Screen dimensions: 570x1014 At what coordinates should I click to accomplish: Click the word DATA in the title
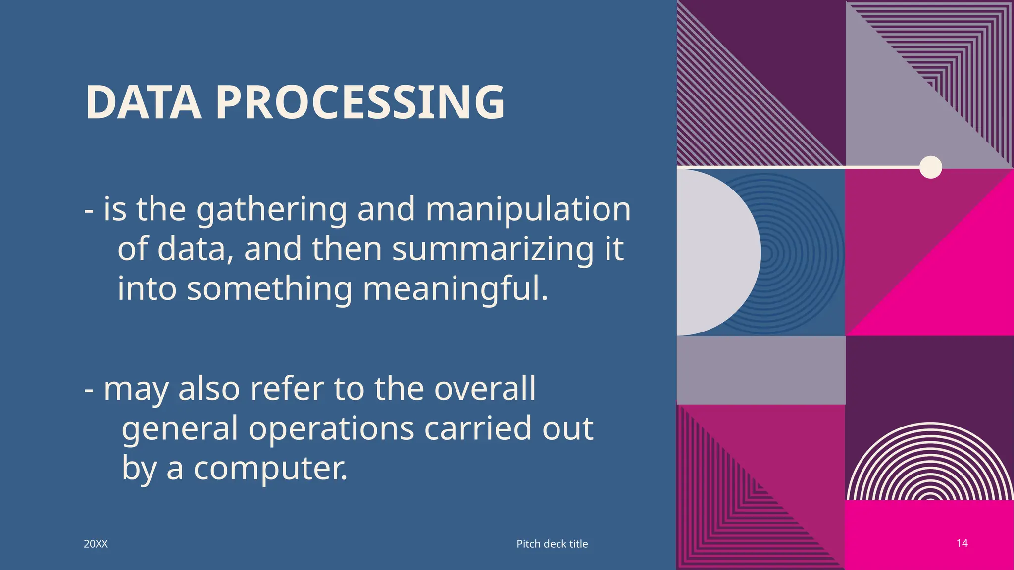pyautogui.click(x=143, y=102)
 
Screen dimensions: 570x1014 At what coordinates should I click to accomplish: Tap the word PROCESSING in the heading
pyautogui.click(x=360, y=102)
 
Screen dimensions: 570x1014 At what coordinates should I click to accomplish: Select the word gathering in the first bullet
pyautogui.click(x=272, y=210)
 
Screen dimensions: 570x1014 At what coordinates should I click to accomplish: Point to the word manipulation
pyautogui.click(x=528, y=209)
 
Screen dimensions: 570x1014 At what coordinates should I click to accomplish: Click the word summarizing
pyautogui.click(x=493, y=249)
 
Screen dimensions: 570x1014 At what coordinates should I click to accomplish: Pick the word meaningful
pyautogui.click(x=456, y=289)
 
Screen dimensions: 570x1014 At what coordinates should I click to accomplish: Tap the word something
pyautogui.click(x=269, y=289)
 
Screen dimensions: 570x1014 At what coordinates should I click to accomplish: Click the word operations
pyautogui.click(x=331, y=428)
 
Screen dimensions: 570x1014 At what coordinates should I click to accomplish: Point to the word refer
pyautogui.click(x=286, y=388)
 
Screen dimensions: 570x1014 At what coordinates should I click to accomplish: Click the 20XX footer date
pyautogui.click(x=96, y=544)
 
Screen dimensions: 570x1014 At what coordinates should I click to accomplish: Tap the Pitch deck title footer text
pyautogui.click(x=552, y=544)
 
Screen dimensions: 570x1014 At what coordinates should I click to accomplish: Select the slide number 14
pyautogui.click(x=962, y=543)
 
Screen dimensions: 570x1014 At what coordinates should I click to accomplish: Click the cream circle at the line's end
pyautogui.click(x=930, y=167)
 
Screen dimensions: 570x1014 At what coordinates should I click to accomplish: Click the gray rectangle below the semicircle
pyautogui.click(x=761, y=370)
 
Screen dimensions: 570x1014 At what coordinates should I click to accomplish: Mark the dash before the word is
pyautogui.click(x=89, y=210)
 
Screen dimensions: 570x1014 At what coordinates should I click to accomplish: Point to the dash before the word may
pyautogui.click(x=89, y=389)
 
